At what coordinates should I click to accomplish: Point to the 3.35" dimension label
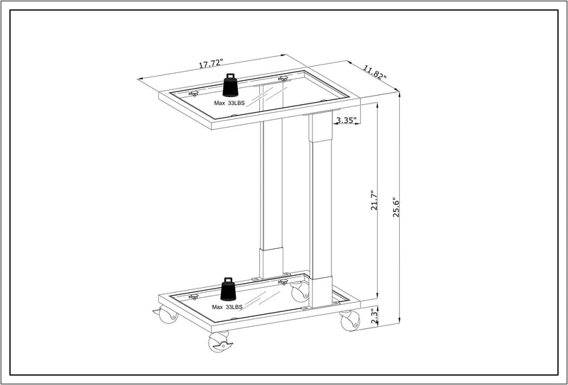(x=346, y=121)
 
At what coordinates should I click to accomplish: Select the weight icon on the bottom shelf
(x=229, y=289)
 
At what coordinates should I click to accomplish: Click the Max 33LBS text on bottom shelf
(x=227, y=307)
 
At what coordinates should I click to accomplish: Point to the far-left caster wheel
(x=168, y=315)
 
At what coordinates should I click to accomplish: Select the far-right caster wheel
(x=349, y=321)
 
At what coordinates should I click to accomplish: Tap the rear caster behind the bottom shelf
(x=300, y=291)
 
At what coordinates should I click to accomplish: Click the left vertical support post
(x=271, y=184)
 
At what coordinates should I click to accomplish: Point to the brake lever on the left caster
(x=156, y=311)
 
